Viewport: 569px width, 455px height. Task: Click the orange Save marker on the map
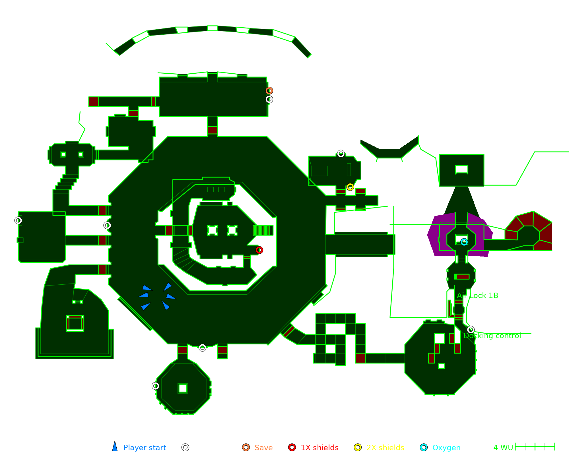pos(269,91)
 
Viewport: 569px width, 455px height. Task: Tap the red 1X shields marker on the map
pos(259,250)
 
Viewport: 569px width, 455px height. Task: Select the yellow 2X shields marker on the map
pos(350,187)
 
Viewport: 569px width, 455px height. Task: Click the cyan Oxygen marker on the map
pos(464,242)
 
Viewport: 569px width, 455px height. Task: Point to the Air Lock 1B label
pos(477,295)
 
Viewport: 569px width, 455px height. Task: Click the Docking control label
pos(492,336)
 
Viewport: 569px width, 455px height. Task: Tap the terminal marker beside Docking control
pos(471,330)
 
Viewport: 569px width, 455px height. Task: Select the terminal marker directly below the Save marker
pos(269,99)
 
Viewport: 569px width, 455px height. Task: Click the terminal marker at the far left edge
pos(18,220)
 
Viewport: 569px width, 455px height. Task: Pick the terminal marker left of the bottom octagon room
pos(155,386)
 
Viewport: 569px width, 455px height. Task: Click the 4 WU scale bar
pos(535,447)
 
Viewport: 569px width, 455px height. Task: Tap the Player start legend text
pos(145,448)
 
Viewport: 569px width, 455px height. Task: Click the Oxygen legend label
pos(446,448)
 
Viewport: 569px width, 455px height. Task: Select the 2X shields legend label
pos(385,448)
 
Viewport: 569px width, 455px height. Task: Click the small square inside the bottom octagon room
pos(183,388)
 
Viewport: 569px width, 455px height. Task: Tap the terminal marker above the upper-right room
pos(341,154)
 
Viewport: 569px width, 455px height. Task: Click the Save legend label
pos(263,448)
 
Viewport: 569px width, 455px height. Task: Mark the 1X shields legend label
pos(319,448)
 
